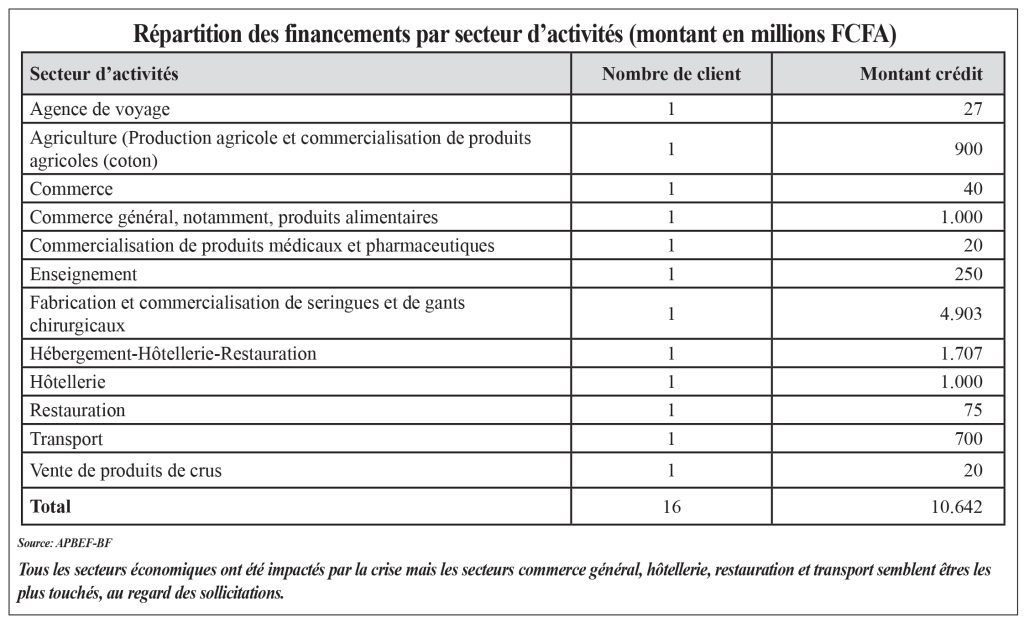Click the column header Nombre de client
pyautogui.click(x=671, y=74)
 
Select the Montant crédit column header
pyautogui.click(x=921, y=74)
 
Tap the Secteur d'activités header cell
pyautogui.click(x=105, y=74)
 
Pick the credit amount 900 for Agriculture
pyautogui.click(x=966, y=148)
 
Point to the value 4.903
pyautogui.click(x=959, y=314)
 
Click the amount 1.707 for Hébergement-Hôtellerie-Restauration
pyautogui.click(x=959, y=354)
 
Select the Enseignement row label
pyautogui.click(x=84, y=274)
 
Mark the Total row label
pyautogui.click(x=51, y=506)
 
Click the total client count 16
pyautogui.click(x=671, y=507)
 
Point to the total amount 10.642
pyautogui.click(x=955, y=507)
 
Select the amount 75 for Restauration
pyautogui.click(x=971, y=410)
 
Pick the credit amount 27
pyautogui.click(x=971, y=109)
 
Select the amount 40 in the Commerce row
pyautogui.click(x=971, y=188)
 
